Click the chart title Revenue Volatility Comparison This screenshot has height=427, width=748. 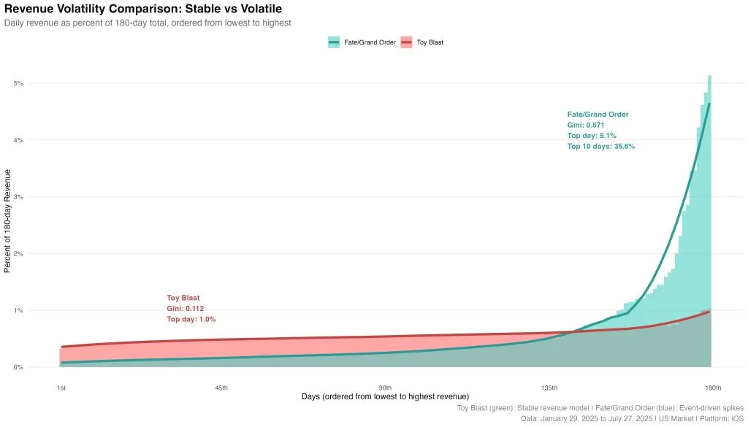pyautogui.click(x=143, y=9)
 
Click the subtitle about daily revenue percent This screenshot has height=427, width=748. pyautogui.click(x=148, y=23)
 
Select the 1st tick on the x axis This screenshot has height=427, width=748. pyautogui.click(x=61, y=387)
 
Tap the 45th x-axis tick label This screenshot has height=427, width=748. pyautogui.click(x=221, y=387)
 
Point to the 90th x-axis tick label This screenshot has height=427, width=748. pyautogui.click(x=385, y=387)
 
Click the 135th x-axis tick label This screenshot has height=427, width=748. pyautogui.click(x=549, y=387)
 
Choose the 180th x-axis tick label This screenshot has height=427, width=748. pyautogui.click(x=713, y=387)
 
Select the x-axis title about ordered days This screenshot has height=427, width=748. pyautogui.click(x=385, y=396)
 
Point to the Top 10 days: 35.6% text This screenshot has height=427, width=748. pyautogui.click(x=600, y=146)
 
